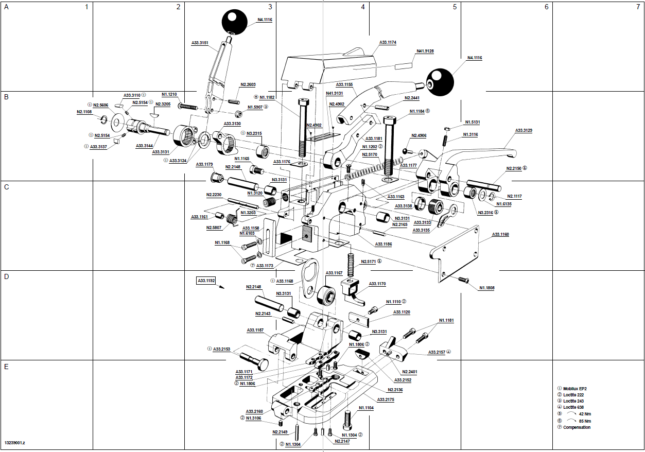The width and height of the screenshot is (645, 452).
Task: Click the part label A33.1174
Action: (388, 42)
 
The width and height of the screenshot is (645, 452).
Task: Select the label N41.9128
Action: (425, 51)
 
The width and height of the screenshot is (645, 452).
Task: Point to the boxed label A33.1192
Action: (206, 281)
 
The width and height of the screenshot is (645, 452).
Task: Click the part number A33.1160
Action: (500, 234)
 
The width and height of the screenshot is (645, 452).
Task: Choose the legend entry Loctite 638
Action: (574, 407)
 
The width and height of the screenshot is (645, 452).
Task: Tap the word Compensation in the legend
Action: (577, 427)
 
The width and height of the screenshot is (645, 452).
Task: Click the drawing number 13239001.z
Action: (15, 442)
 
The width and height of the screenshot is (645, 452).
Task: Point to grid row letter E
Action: (6, 367)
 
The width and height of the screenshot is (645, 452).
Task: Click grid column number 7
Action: (637, 7)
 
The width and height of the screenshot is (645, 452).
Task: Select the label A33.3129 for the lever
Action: (524, 130)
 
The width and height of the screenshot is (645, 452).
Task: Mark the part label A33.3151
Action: (200, 43)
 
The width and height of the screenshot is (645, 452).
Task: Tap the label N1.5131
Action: (472, 122)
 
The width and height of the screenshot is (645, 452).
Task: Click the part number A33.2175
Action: (386, 399)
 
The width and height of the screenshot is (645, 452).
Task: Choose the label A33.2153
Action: (222, 349)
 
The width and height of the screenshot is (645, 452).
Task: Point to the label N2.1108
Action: (84, 112)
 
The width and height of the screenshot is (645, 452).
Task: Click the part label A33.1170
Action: (377, 284)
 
